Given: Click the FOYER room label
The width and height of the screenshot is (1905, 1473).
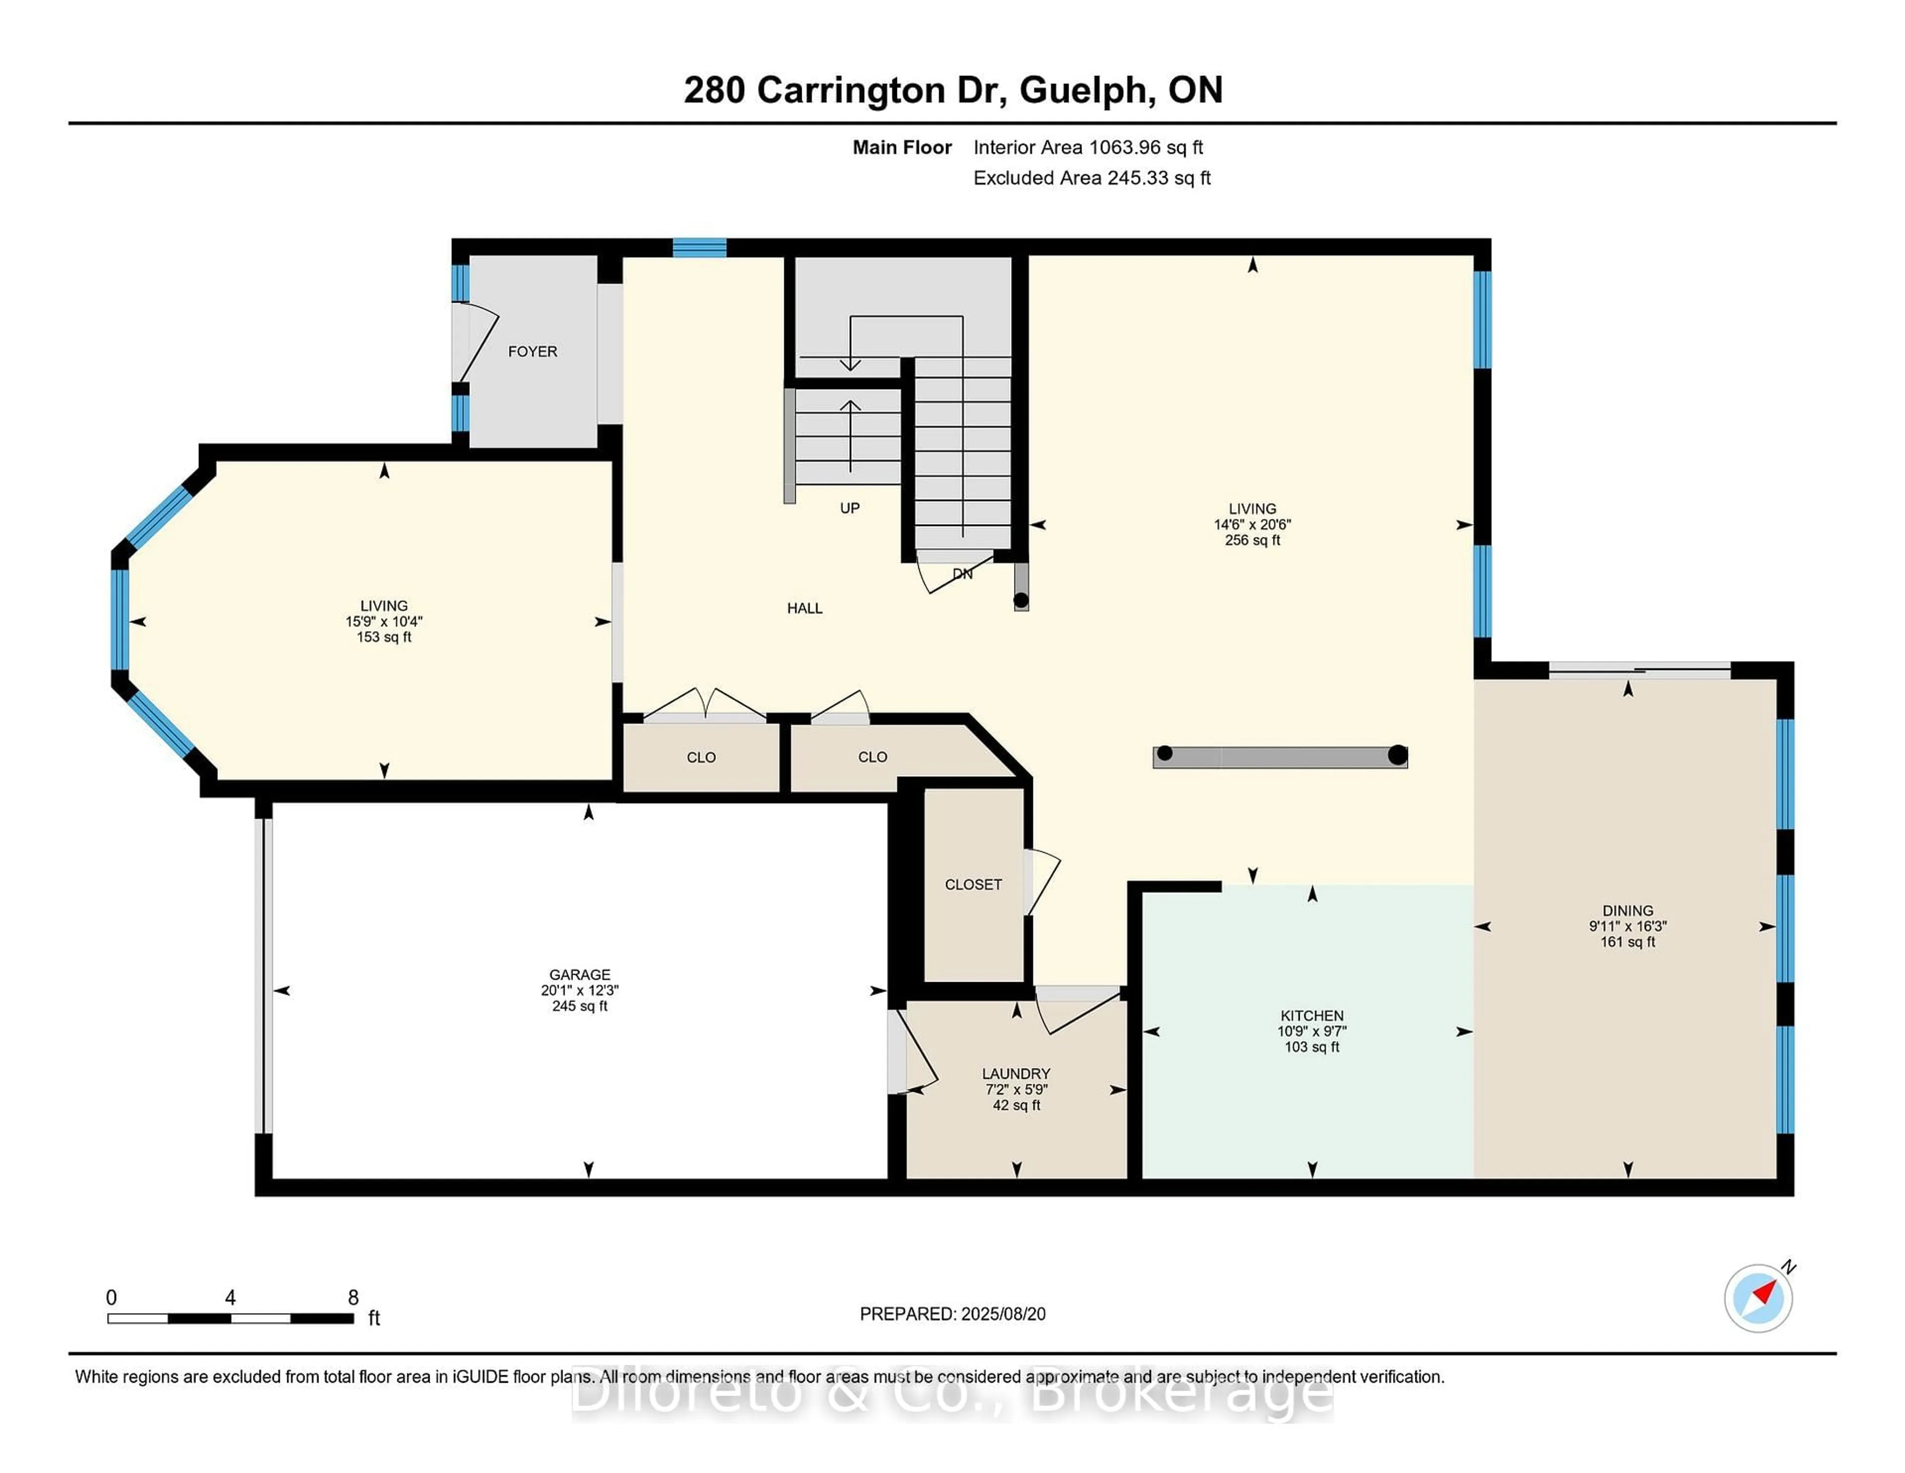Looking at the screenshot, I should pos(532,352).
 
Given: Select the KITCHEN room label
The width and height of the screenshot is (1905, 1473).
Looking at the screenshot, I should pos(1311,1016).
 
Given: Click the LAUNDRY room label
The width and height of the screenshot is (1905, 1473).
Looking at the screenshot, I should pos(1016,1074).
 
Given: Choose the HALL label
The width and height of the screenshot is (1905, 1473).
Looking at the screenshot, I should pos(804,608).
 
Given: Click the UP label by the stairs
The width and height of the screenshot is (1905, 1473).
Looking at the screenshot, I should pos(850,508).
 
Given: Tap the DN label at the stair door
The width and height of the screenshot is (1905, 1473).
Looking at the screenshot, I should pos(962,574).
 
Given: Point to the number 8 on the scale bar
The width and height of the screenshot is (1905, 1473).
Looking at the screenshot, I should pos(353,1298).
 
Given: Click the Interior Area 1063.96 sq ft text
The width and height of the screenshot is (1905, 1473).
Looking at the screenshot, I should pos(1088,147).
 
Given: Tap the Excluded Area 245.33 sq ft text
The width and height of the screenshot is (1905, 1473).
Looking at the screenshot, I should pos(1091,178).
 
